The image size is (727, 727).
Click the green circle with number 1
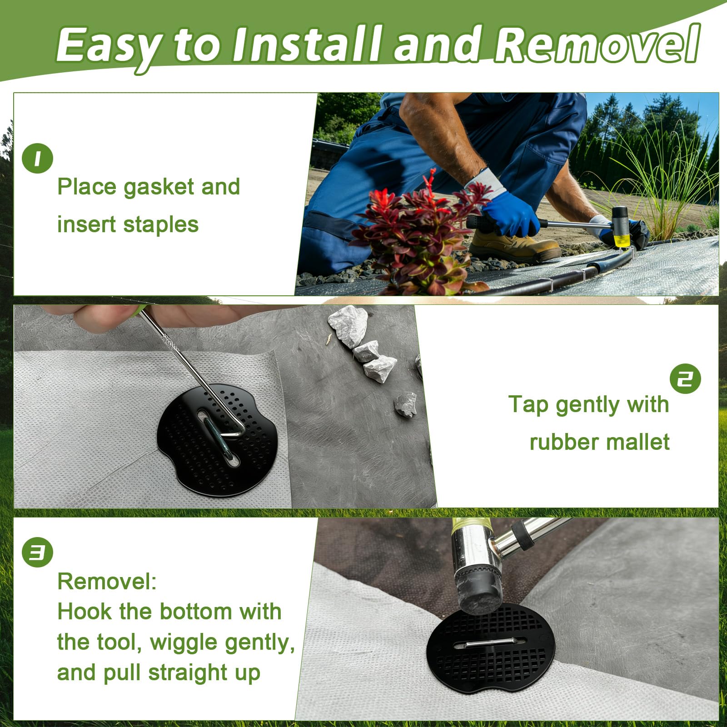pyautogui.click(x=37, y=158)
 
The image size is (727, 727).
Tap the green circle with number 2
pyautogui.click(x=685, y=378)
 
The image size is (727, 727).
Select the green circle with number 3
pyautogui.click(x=37, y=552)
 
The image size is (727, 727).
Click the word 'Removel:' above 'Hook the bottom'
pyautogui.click(x=107, y=581)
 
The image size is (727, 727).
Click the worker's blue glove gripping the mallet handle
pyautogui.click(x=511, y=214)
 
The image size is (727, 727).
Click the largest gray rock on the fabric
pyautogui.click(x=348, y=325)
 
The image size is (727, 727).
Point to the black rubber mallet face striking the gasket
pyautogui.click(x=477, y=591)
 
